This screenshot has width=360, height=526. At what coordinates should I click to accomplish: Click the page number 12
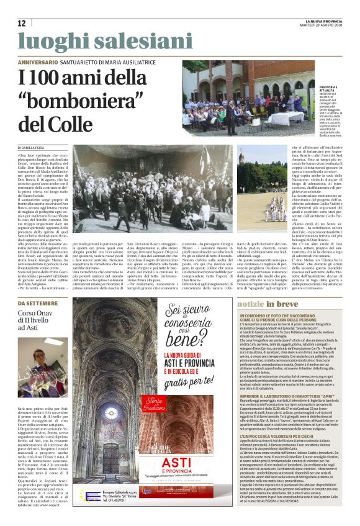pos(22,23)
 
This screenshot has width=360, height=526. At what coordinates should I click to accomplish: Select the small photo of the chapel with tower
pos(262,184)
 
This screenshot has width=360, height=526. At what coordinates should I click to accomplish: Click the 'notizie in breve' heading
pos(268,304)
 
